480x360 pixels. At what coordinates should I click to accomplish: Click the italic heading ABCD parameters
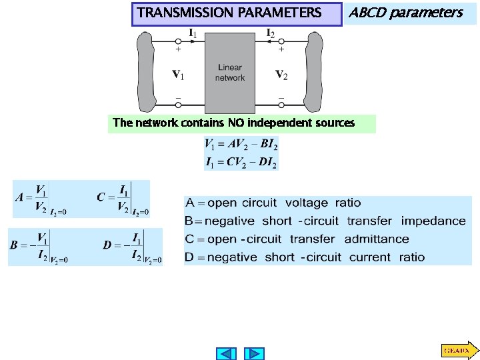point(405,13)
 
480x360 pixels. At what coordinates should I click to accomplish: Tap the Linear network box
point(230,73)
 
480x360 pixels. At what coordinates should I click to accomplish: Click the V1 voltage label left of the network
point(178,74)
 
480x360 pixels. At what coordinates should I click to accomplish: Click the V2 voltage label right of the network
point(281,74)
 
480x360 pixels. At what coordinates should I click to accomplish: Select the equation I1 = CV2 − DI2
point(241,162)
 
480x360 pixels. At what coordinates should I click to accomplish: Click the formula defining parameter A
point(40,198)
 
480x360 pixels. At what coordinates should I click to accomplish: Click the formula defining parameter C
point(123,198)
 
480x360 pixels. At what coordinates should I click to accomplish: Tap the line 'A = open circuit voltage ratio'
point(273,203)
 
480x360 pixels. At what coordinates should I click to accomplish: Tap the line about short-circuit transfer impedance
point(325,221)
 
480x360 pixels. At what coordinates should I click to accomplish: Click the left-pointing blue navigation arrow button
point(227,353)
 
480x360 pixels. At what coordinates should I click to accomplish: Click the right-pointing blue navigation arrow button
point(254,353)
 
